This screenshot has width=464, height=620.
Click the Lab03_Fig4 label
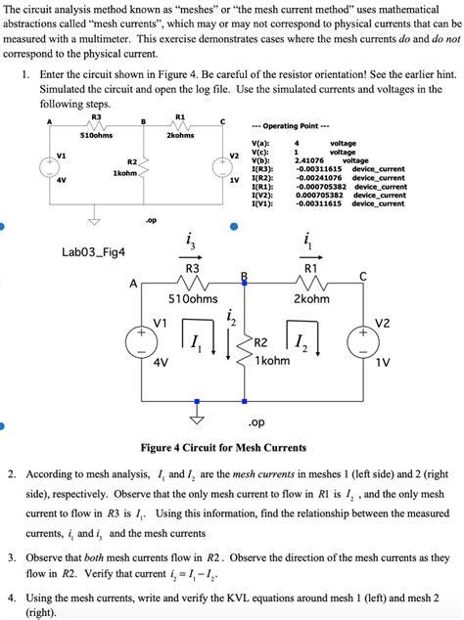click(93, 251)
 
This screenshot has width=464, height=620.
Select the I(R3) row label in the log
click(263, 168)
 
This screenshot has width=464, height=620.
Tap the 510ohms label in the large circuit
click(193, 299)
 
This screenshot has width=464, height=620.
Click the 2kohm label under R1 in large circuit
click(311, 299)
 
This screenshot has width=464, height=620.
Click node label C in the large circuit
click(362, 277)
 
